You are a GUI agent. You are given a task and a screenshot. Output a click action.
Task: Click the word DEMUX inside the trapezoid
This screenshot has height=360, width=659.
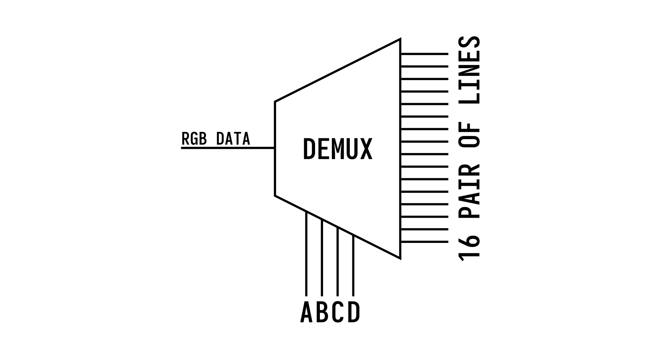tap(338, 149)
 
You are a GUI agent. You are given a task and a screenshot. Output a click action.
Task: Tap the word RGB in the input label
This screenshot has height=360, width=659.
tap(194, 139)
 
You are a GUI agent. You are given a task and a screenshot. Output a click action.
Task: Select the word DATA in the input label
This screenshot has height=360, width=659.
tap(233, 139)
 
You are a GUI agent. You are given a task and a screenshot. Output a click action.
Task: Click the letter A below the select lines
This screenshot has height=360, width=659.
tap(306, 312)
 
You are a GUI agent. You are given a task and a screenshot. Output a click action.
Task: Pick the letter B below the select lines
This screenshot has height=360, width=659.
tap(322, 312)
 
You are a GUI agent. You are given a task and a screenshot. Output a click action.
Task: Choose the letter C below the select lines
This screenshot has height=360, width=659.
tap(338, 312)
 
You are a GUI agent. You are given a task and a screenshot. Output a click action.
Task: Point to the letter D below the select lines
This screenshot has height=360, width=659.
tap(354, 312)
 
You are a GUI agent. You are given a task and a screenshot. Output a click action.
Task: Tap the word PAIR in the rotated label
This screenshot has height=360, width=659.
tap(469, 191)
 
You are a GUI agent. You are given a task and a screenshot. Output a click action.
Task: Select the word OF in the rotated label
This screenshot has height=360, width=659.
tap(469, 138)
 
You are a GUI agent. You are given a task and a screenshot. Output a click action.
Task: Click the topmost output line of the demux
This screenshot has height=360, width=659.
tap(424, 54)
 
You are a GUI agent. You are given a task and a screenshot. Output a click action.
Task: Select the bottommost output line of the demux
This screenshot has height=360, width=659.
tap(424, 242)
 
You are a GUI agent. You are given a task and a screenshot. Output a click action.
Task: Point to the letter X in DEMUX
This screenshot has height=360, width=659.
tap(366, 149)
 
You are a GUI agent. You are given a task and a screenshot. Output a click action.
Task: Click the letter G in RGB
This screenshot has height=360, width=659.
tap(194, 139)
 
